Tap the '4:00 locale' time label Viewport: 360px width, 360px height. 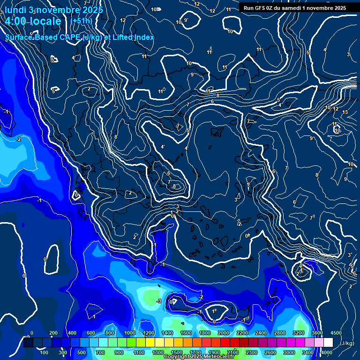tap(33, 21)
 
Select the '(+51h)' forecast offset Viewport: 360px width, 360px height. tap(81, 21)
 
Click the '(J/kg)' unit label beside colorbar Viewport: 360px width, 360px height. tap(346, 343)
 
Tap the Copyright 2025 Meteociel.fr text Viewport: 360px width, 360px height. tap(199, 357)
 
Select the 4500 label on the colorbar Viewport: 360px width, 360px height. tap(336, 332)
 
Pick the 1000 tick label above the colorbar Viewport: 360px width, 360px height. tap(130, 332)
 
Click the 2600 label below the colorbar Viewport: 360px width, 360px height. tap(270, 352)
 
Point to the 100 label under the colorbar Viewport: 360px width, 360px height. tap(45, 352)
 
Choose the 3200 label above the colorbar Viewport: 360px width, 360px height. tap(298, 332)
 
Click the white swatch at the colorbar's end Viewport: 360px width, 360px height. tap(328, 343)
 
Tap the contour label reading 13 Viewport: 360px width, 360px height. tap(345, 112)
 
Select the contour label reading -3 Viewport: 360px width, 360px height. tap(159, 301)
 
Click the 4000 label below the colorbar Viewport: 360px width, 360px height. tap(326, 352)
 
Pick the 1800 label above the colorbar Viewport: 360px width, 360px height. tap(205, 332)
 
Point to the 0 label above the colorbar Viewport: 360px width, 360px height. tap(32, 332)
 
